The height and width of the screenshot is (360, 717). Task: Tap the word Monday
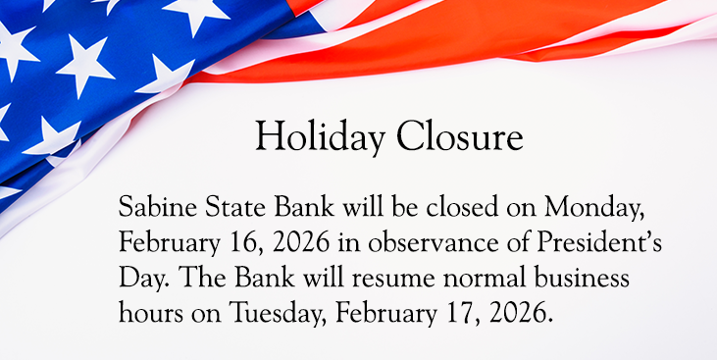pyautogui.click(x=564, y=208)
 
